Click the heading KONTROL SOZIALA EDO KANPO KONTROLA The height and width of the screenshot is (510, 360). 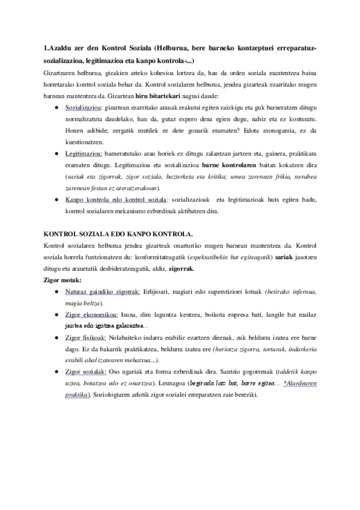pyautogui.click(x=123, y=234)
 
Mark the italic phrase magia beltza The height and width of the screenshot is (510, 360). pyautogui.click(x=84, y=303)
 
